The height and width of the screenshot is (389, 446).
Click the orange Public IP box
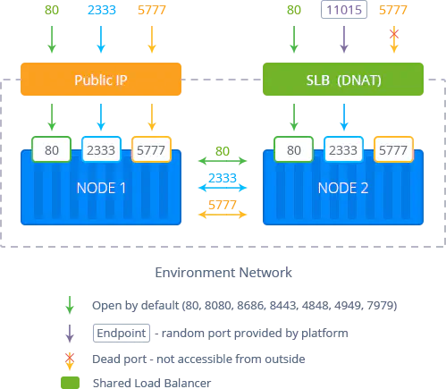point(101,79)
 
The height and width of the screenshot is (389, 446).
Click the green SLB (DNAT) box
point(343,79)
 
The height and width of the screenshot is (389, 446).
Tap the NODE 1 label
point(101,188)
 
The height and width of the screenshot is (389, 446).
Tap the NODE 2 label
point(343,188)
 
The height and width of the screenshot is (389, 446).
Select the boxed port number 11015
point(344,10)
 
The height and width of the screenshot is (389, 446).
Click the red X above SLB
point(394,34)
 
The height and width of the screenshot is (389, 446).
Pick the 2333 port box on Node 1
point(101,149)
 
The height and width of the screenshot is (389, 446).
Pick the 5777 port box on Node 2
point(393,149)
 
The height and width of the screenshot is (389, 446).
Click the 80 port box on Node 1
point(52,149)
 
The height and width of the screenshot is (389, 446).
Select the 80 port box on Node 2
point(294,149)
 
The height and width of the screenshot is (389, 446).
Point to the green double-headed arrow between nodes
point(223,161)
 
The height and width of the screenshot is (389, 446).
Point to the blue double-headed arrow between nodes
point(223,188)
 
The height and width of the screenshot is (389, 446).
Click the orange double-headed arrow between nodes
point(223,215)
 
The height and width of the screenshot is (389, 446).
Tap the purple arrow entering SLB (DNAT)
point(344,39)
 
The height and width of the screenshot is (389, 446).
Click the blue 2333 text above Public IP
point(102,10)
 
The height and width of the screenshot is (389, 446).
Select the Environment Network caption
point(223,273)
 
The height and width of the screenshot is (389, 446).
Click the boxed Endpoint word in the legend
point(122,333)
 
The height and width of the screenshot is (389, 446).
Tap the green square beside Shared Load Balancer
point(70,383)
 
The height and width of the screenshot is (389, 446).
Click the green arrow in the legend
point(70,305)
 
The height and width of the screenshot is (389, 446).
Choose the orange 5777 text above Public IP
point(152,10)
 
